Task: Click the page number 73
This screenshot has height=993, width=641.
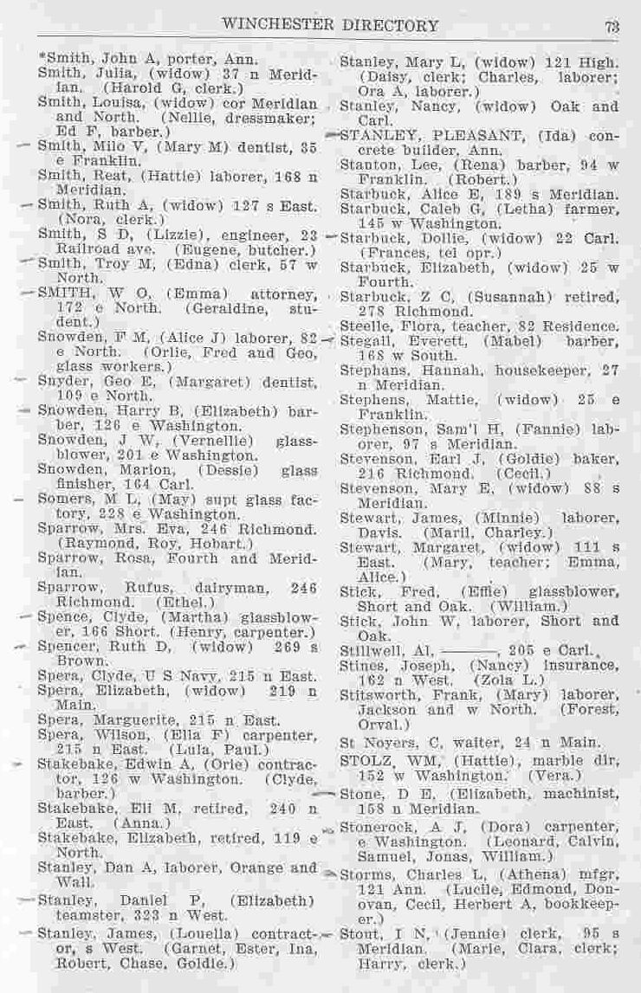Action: click(x=612, y=26)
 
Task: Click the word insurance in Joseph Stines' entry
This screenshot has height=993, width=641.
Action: click(x=583, y=666)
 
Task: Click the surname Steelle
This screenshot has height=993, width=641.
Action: click(x=363, y=326)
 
